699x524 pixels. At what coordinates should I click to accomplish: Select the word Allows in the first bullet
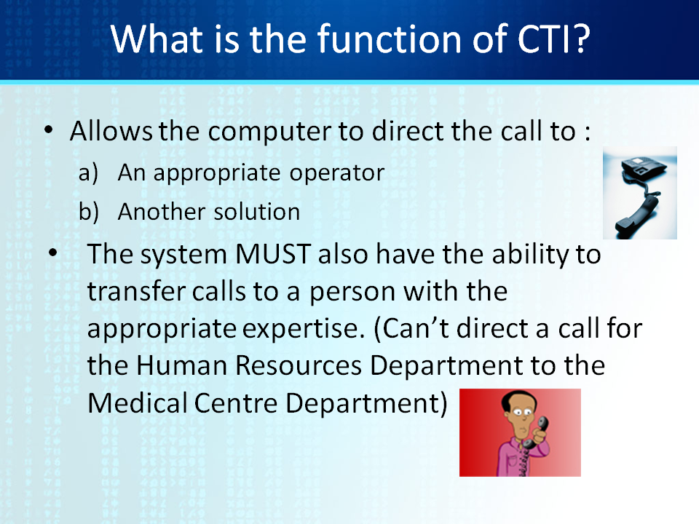pyautogui.click(x=111, y=131)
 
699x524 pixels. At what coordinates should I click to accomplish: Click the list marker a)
pyautogui.click(x=88, y=173)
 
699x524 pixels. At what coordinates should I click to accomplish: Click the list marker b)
pyautogui.click(x=89, y=212)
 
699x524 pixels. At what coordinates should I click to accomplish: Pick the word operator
pyautogui.click(x=336, y=173)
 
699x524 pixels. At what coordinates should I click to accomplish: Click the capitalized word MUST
pyautogui.click(x=273, y=255)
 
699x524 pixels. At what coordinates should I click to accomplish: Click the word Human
pyautogui.click(x=182, y=366)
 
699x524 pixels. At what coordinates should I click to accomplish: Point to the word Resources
pyautogui.click(x=299, y=366)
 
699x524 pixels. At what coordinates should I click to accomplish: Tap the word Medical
pyautogui.click(x=136, y=403)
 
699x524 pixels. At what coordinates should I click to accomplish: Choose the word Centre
pyautogui.click(x=236, y=404)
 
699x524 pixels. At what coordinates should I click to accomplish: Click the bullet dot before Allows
pyautogui.click(x=49, y=130)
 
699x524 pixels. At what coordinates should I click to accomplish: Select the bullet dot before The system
pyautogui.click(x=53, y=253)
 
